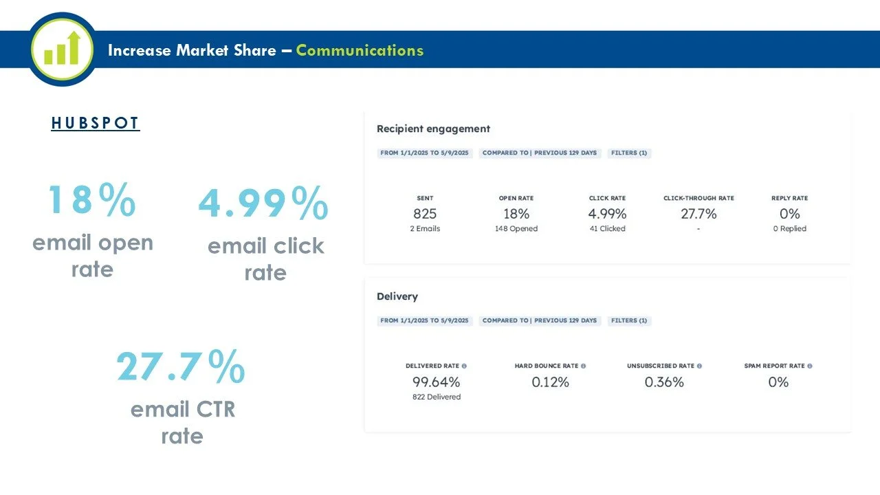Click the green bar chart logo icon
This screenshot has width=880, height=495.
(x=62, y=49)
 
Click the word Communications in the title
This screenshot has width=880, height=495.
(x=360, y=50)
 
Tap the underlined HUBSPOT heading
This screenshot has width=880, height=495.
(x=96, y=123)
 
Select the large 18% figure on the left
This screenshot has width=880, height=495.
(x=92, y=199)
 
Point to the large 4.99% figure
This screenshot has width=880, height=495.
(x=263, y=203)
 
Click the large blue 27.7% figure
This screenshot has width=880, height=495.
(x=181, y=366)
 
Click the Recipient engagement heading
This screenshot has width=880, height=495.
(x=433, y=129)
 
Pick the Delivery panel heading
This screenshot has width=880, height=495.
(x=397, y=296)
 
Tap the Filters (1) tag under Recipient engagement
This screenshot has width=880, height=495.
(x=629, y=153)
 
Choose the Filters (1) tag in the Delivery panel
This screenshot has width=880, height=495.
(x=629, y=320)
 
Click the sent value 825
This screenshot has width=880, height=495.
(x=425, y=214)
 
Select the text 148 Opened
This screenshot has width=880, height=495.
(x=516, y=229)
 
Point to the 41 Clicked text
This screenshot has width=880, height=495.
(x=607, y=229)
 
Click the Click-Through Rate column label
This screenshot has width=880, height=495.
(x=699, y=198)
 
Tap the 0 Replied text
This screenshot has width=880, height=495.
(x=790, y=229)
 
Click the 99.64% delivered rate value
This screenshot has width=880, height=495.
(x=436, y=382)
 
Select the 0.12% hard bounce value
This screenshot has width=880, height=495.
(x=551, y=382)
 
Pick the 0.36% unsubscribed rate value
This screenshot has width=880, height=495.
(x=664, y=382)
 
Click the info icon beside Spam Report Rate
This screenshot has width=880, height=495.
(x=810, y=366)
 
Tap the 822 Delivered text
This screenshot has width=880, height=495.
(x=437, y=397)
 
